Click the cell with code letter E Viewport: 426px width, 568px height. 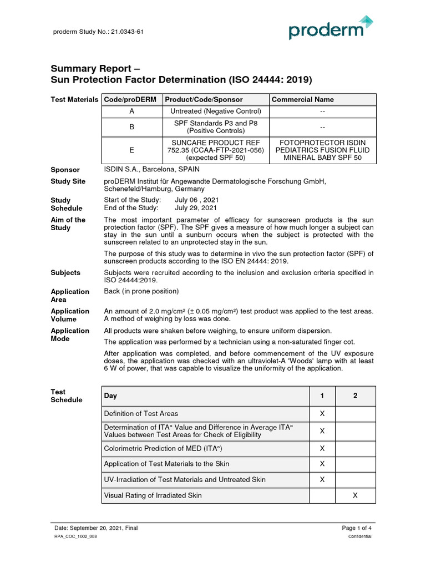click(x=131, y=150)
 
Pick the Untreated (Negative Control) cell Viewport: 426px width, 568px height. click(x=215, y=111)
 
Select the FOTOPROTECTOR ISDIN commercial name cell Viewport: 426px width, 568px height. click(x=322, y=150)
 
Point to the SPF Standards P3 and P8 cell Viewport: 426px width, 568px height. click(x=215, y=126)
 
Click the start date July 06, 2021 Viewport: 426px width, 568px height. click(x=197, y=200)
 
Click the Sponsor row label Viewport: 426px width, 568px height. click(x=65, y=170)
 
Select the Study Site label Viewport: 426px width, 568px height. click(x=68, y=181)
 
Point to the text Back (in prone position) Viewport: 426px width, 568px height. click(x=141, y=291)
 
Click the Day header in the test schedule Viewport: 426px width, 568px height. click(x=111, y=395)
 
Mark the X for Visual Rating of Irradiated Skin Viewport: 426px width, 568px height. click(x=355, y=495)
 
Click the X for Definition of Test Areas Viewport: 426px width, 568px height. click(x=322, y=413)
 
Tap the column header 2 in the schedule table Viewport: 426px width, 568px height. click(x=355, y=395)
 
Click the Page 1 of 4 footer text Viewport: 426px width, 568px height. click(x=356, y=528)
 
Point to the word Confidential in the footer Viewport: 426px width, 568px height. click(x=360, y=537)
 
